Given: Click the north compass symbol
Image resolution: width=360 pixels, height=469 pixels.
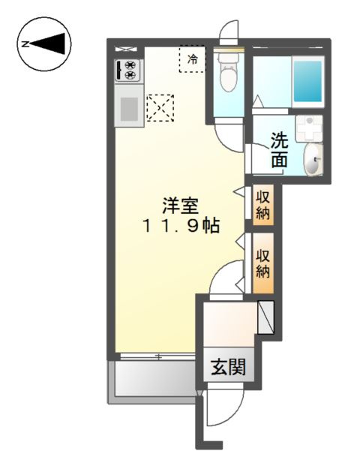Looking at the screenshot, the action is (x=44, y=44).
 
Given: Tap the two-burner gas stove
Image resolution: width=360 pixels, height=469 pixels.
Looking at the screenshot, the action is (x=129, y=70).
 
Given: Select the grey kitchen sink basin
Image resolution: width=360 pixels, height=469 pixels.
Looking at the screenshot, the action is (x=129, y=109).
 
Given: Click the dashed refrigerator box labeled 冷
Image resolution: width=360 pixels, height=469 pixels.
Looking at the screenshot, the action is (x=192, y=59).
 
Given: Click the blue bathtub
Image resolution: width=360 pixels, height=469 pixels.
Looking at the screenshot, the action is (x=307, y=81).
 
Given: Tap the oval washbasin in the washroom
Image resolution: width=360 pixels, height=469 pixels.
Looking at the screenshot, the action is (x=313, y=159).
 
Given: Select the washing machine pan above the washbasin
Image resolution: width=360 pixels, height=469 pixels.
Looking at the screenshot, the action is (x=309, y=128).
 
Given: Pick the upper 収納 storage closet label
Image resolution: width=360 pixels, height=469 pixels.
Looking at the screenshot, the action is (x=263, y=205).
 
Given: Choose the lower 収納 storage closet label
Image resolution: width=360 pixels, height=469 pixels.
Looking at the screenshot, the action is (x=263, y=263).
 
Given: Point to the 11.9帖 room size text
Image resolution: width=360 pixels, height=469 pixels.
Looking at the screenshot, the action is (x=181, y=226).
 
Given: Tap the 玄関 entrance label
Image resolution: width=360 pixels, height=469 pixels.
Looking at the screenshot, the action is (x=229, y=367).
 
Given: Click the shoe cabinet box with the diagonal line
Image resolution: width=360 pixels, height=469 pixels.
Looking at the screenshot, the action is (x=265, y=317).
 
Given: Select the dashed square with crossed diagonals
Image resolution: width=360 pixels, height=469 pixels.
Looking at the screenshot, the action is (x=160, y=107).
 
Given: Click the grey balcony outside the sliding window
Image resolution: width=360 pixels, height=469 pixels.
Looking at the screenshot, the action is (x=152, y=379).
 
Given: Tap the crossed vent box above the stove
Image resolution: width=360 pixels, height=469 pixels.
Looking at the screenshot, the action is (x=125, y=49).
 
